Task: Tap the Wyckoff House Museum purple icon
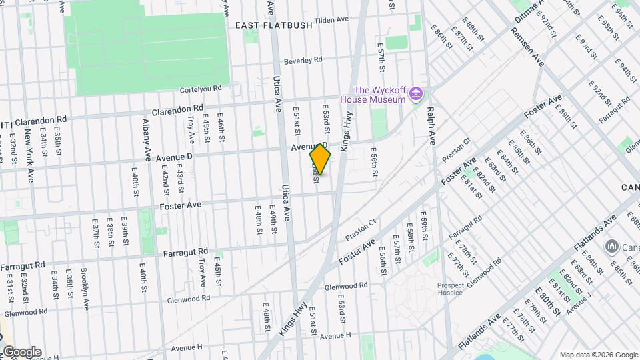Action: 416,93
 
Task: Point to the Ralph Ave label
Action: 431,126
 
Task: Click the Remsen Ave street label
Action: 529,51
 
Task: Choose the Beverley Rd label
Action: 303,61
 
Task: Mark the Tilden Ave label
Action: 331,20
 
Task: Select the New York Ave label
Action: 30,156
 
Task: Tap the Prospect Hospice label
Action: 451,289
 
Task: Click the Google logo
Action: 21,352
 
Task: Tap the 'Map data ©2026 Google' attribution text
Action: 598,355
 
